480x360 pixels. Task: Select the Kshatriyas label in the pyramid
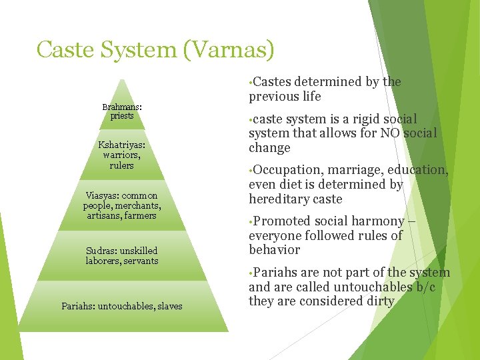(121, 145)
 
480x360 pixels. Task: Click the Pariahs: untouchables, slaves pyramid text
(121, 306)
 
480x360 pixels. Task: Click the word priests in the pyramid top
(122, 115)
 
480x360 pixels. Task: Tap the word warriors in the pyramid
(120, 155)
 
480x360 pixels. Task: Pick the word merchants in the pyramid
(138, 205)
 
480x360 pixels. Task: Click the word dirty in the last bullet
(379, 301)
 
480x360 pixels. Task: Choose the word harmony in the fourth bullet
(379, 221)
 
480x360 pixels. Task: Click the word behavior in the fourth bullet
(274, 250)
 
